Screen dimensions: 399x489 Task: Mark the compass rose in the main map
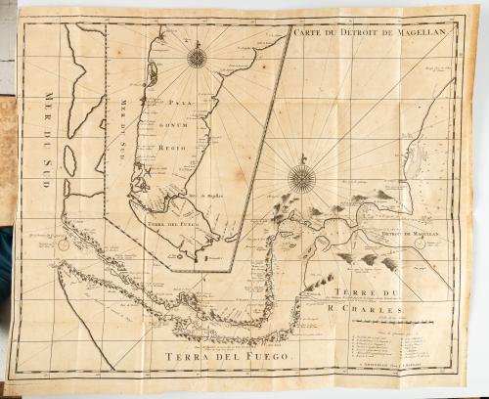click(x=302, y=178)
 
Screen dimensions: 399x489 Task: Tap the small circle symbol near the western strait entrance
click(x=64, y=245)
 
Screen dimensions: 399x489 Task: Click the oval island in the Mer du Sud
click(x=69, y=159)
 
